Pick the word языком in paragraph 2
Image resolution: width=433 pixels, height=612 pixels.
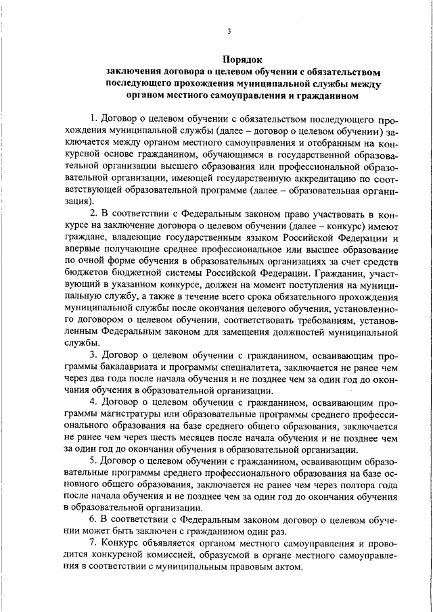click(252, 239)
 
